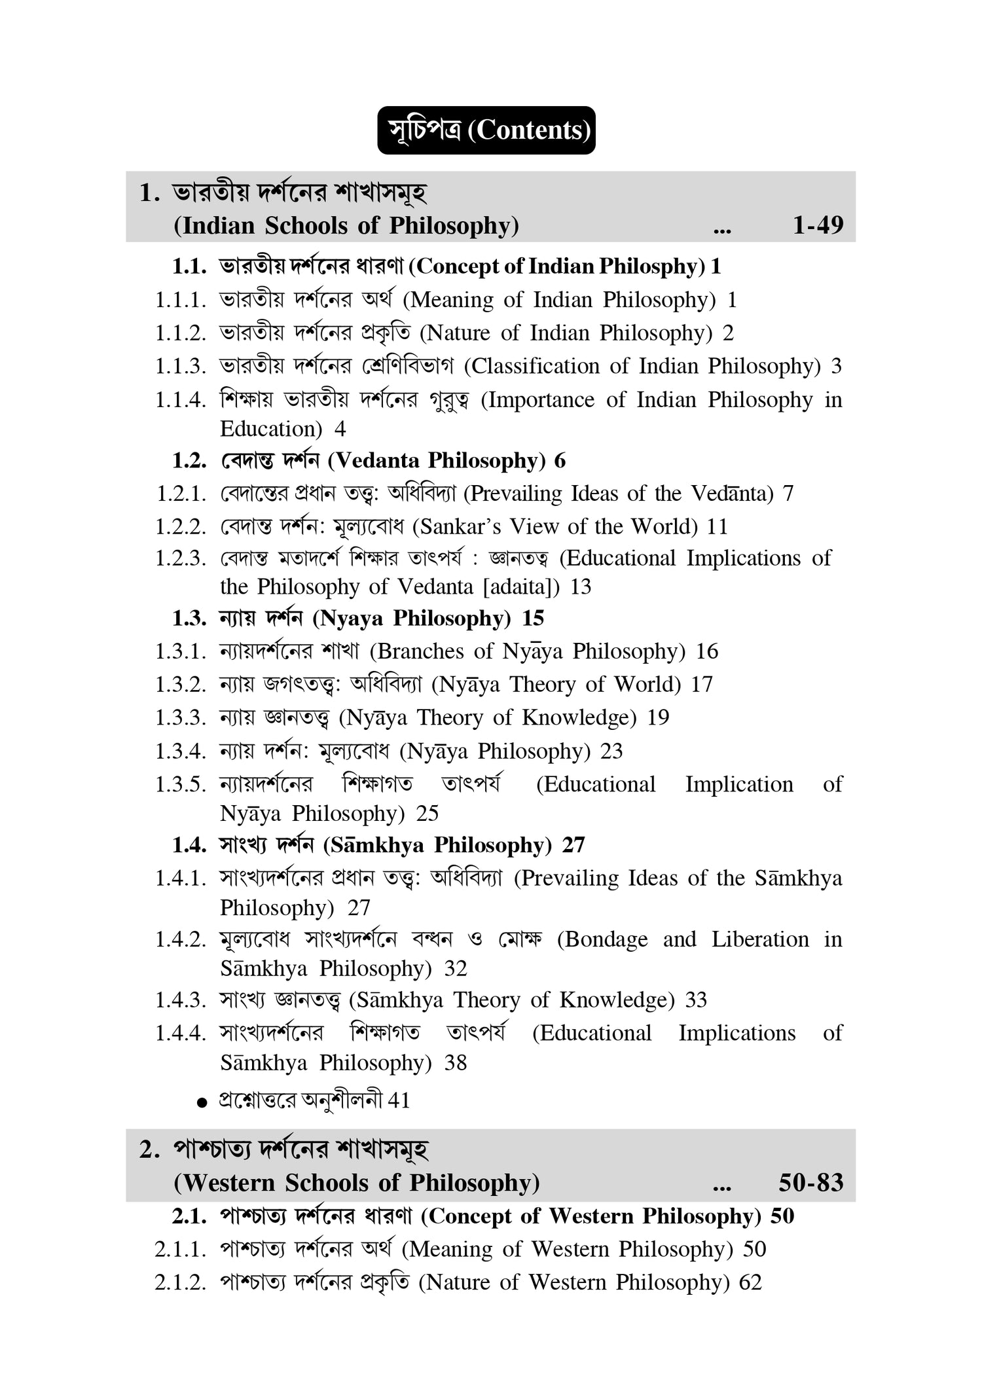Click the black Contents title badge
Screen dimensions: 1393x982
tap(486, 130)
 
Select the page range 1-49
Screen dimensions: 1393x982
tap(818, 225)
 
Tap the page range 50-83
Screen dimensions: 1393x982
tap(810, 1183)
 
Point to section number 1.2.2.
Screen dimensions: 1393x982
tap(181, 526)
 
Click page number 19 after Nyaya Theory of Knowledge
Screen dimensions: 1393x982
tap(659, 717)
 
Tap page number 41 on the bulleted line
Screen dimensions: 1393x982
tap(399, 1101)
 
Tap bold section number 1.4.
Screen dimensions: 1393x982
tap(189, 845)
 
